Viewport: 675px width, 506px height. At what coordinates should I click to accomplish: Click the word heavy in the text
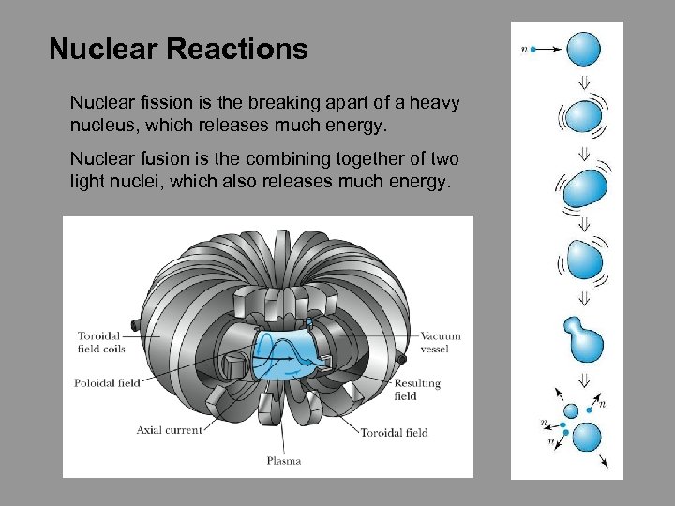438,103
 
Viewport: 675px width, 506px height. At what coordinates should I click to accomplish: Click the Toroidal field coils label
102,342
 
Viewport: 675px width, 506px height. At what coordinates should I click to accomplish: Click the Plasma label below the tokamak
283,460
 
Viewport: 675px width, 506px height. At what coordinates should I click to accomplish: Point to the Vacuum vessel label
441,342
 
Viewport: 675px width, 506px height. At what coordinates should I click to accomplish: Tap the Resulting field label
417,390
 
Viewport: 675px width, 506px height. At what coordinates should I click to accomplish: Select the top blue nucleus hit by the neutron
585,48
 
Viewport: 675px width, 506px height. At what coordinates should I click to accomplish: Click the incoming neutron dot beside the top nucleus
533,49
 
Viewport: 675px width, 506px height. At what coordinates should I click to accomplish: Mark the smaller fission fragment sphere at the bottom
571,410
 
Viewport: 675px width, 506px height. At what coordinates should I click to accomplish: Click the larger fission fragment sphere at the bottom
586,437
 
